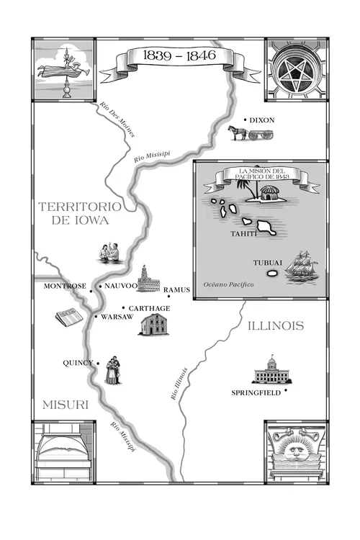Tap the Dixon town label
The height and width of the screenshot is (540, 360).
click(x=263, y=120)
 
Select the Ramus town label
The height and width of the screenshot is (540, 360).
click(x=176, y=290)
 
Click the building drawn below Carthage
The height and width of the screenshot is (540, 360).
click(x=153, y=325)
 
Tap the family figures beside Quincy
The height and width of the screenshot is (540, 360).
click(x=112, y=369)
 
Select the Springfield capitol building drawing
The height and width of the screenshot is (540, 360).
click(x=271, y=370)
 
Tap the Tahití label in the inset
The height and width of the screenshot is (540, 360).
click(x=243, y=234)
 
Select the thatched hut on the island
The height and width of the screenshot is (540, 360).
click(x=268, y=192)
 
